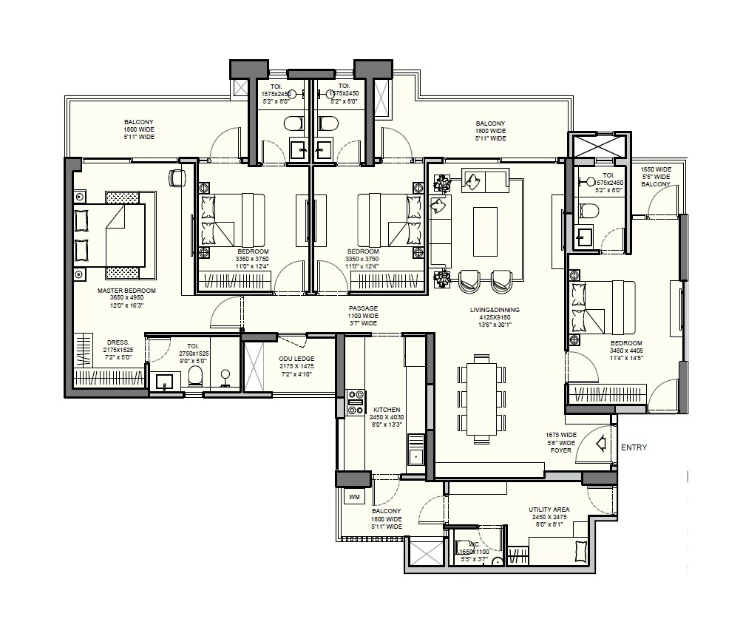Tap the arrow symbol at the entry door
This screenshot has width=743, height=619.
click(601, 444)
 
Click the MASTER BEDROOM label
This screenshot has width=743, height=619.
click(126, 291)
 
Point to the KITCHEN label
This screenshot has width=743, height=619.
click(387, 409)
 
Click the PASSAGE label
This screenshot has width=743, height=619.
click(363, 308)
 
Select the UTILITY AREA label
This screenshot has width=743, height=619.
click(548, 510)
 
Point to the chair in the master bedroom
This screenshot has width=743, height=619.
click(177, 177)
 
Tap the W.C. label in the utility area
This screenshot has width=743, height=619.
click(465, 544)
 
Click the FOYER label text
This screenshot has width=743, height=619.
click(561, 450)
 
